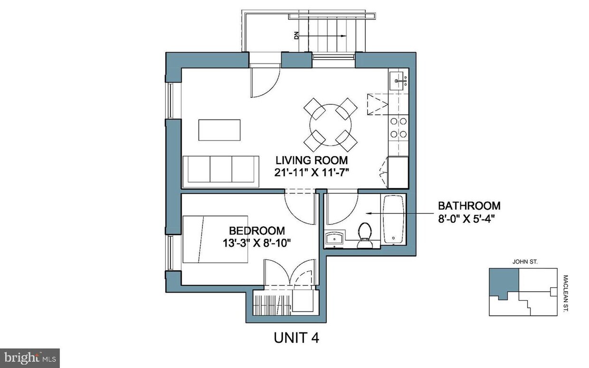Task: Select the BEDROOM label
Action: tap(257, 231)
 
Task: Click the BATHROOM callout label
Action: tap(469, 206)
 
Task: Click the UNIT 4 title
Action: tap(296, 338)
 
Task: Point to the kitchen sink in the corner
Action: tap(399, 81)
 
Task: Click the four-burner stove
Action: tap(398, 128)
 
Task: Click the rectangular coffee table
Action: tap(219, 130)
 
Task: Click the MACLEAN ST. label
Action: tap(566, 294)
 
